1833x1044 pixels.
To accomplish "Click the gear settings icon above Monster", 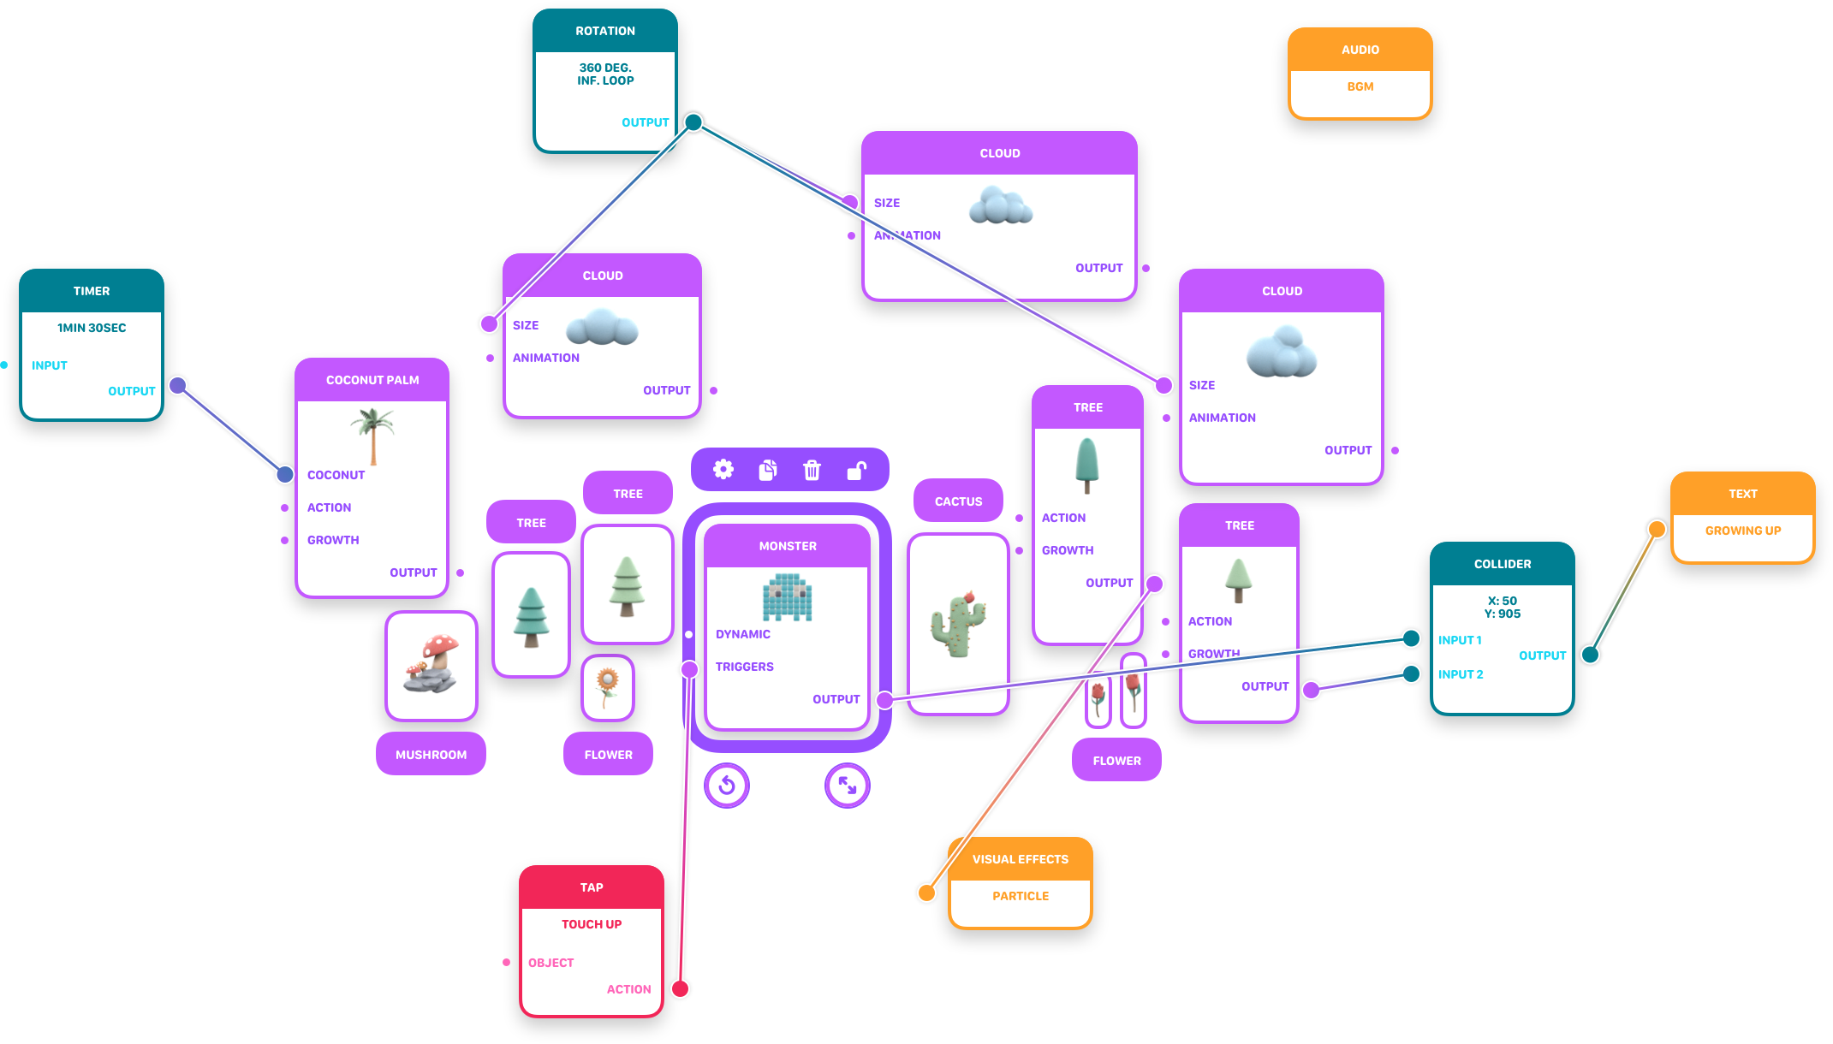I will (723, 469).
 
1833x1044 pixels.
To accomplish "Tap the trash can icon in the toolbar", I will (812, 470).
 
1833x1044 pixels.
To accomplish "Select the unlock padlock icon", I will (856, 470).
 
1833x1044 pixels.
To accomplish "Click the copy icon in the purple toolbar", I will (768, 470).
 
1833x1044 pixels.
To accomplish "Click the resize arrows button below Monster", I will (848, 785).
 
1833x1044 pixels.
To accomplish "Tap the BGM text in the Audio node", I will (1360, 86).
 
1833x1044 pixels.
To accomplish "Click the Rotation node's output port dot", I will (693, 122).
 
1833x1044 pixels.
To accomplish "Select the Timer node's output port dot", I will (178, 386).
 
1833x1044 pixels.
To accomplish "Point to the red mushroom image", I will (431, 664).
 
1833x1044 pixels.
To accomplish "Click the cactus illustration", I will (958, 623).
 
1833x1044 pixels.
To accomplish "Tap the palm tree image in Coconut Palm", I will (372, 435).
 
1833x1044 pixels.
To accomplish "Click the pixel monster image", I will (787, 597).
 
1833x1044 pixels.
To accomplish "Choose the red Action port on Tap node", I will (680, 988).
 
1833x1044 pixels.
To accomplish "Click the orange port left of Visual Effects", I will (926, 893).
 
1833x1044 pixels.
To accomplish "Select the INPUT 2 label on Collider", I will (1461, 674).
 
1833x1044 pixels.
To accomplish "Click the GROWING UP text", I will (1742, 531).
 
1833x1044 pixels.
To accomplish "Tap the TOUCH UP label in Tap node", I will (592, 924).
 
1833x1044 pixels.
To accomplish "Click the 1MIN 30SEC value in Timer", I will (92, 328).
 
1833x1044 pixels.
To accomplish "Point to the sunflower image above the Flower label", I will (607, 686).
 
